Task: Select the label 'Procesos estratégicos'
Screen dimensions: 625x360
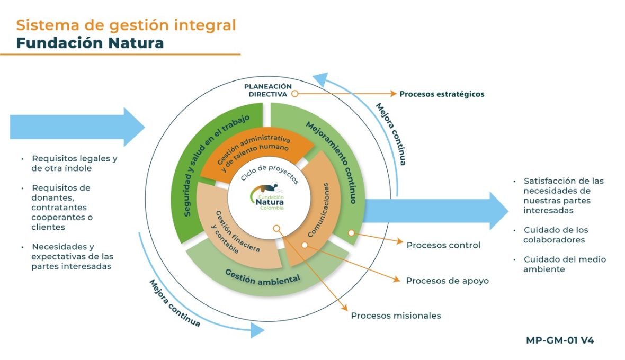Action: click(x=442, y=94)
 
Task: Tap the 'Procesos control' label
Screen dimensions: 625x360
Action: click(x=443, y=245)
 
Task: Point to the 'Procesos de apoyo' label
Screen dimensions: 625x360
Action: click(x=447, y=281)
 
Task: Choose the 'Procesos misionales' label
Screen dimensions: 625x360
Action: click(x=396, y=316)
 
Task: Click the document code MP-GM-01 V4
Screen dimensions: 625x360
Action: click(x=560, y=340)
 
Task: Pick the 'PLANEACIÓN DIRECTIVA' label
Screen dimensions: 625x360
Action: click(x=268, y=90)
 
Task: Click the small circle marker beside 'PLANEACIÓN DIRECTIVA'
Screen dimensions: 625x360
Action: click(x=294, y=94)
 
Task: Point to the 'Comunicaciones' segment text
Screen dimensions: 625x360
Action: click(x=319, y=209)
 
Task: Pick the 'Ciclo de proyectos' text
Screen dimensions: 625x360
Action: click(x=270, y=174)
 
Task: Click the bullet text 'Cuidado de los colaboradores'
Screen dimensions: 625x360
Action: click(x=556, y=235)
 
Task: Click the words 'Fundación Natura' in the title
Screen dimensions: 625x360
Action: click(x=90, y=42)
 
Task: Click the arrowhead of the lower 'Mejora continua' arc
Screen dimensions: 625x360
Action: click(x=257, y=330)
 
